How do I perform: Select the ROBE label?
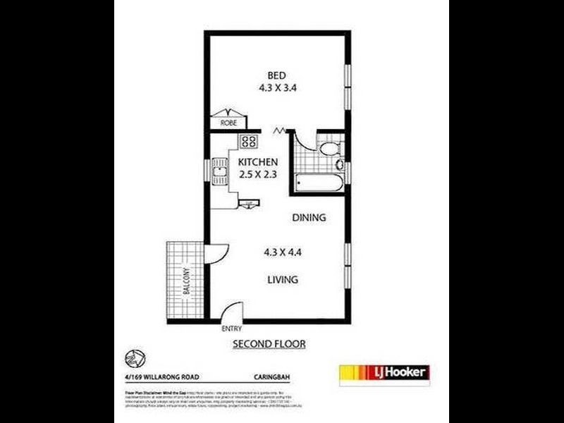(228, 123)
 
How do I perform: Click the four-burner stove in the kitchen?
(248, 141)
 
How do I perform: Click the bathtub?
(319, 185)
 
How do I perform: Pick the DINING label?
(309, 218)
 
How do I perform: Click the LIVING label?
(282, 280)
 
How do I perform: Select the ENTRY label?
(231, 329)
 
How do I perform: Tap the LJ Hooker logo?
(384, 372)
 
